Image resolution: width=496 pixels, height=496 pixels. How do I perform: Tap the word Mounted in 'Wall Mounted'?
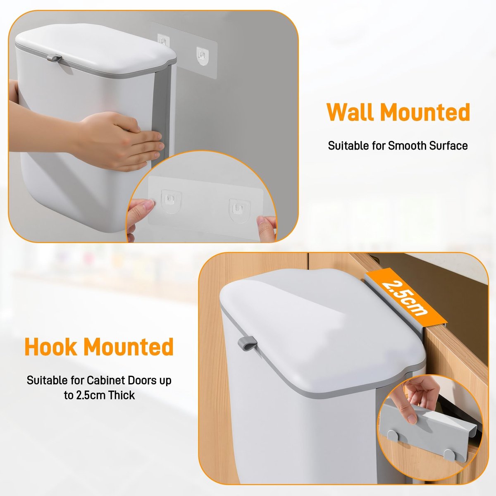(425, 112)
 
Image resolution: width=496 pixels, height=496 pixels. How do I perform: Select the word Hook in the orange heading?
(51, 347)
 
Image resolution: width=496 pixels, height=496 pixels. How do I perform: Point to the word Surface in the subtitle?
(448, 145)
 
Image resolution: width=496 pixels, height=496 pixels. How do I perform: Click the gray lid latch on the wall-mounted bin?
(54, 58)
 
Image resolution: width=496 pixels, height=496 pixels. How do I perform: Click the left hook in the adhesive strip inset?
(171, 200)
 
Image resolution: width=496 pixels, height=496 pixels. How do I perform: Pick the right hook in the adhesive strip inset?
(239, 210)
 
